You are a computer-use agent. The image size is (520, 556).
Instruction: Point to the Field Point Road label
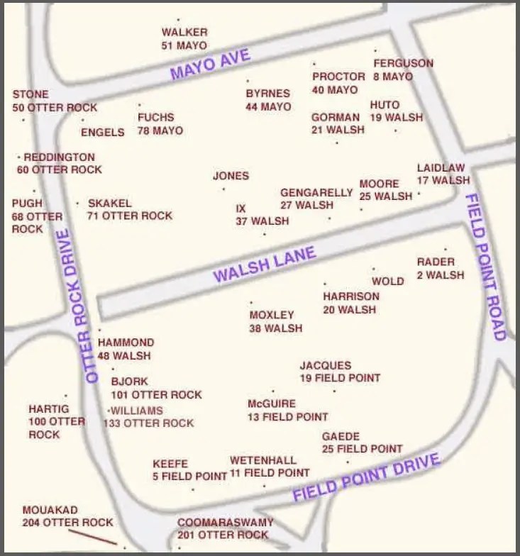pos(486,266)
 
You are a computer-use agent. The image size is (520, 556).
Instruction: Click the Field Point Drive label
pos(367,476)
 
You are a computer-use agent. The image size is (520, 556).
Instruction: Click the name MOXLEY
pos(271,315)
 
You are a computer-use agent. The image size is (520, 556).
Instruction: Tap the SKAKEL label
pos(109,203)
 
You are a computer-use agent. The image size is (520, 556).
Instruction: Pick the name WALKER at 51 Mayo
pos(184,32)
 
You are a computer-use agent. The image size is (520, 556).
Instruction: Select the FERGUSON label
pos(403,63)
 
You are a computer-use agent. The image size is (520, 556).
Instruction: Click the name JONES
pos(231,176)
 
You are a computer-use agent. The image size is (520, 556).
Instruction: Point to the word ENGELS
pos(102,132)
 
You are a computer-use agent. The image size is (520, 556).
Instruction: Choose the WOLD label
pos(388,281)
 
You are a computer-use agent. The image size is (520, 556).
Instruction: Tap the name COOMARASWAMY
pos(225,522)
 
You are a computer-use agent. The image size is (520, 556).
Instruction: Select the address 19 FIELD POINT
pos(339,378)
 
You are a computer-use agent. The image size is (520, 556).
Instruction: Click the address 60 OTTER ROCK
pos(60,169)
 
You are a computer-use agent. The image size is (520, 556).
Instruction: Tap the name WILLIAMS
pos(136,411)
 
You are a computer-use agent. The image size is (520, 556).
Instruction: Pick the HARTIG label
pos(49,409)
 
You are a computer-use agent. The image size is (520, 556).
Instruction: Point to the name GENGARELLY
pos(316,193)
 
